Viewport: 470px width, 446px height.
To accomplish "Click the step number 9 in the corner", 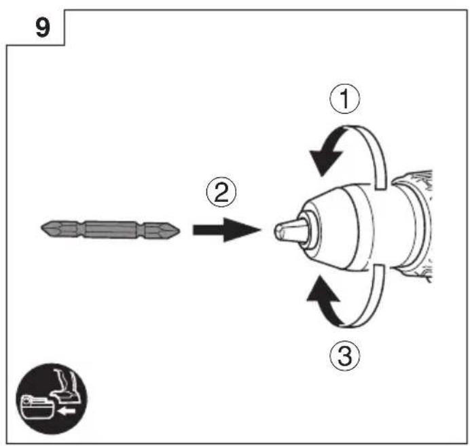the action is tap(43, 28).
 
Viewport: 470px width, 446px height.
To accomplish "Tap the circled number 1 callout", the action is tap(345, 99).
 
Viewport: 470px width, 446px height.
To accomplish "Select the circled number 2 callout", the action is tap(221, 192).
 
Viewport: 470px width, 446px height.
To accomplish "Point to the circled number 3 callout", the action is tap(345, 356).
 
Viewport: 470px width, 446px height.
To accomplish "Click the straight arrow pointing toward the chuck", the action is tap(227, 230).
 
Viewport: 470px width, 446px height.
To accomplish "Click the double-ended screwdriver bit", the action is tap(111, 230).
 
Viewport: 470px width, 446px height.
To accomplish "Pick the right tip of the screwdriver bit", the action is tap(180, 230).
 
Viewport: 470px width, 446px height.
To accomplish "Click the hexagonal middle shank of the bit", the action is tap(111, 230).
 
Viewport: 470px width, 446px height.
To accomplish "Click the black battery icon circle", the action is tap(52, 398).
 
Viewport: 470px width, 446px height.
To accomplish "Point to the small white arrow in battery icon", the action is tap(67, 411).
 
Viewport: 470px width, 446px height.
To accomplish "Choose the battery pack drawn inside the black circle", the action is tap(37, 407).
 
